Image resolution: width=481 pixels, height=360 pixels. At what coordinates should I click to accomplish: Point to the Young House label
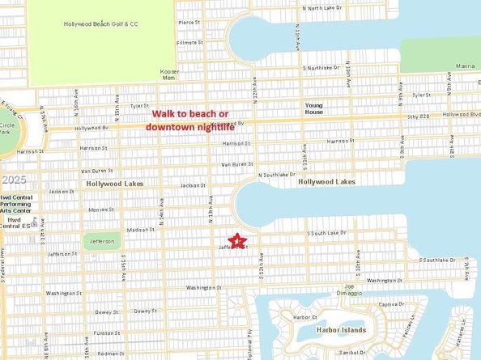pos(313,108)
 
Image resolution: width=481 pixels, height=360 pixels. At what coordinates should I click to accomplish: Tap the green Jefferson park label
pos(101,240)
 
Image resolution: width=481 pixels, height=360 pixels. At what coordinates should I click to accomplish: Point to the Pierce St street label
pos(188,23)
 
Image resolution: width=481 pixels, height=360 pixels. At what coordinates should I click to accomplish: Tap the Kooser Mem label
pos(169,74)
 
